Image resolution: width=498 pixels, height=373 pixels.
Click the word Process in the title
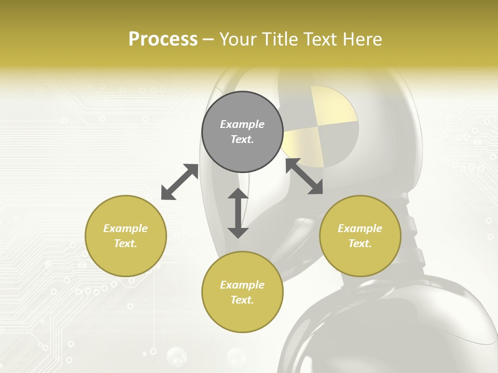[163, 39]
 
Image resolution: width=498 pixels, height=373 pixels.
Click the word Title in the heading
[281, 39]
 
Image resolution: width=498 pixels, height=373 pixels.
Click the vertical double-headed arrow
[238, 213]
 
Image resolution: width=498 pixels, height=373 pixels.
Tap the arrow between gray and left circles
[179, 182]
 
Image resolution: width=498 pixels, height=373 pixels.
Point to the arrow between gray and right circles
[304, 176]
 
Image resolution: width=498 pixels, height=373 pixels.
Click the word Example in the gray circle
[242, 124]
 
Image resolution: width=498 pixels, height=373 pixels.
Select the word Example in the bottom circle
[242, 285]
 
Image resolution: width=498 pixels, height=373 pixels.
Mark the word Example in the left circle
[126, 228]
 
